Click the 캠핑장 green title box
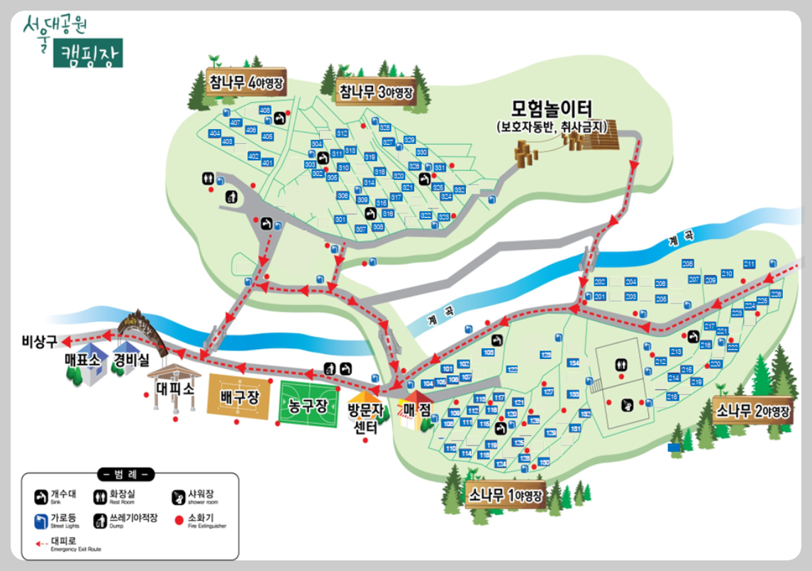point(87,52)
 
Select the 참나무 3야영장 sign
point(375,92)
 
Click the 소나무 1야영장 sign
point(506,494)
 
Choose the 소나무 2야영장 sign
point(752,412)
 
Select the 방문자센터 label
point(365,419)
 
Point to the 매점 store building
point(416,409)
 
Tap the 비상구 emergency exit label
point(39,342)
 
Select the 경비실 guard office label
point(131,360)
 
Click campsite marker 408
point(265,110)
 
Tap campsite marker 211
point(749,264)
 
